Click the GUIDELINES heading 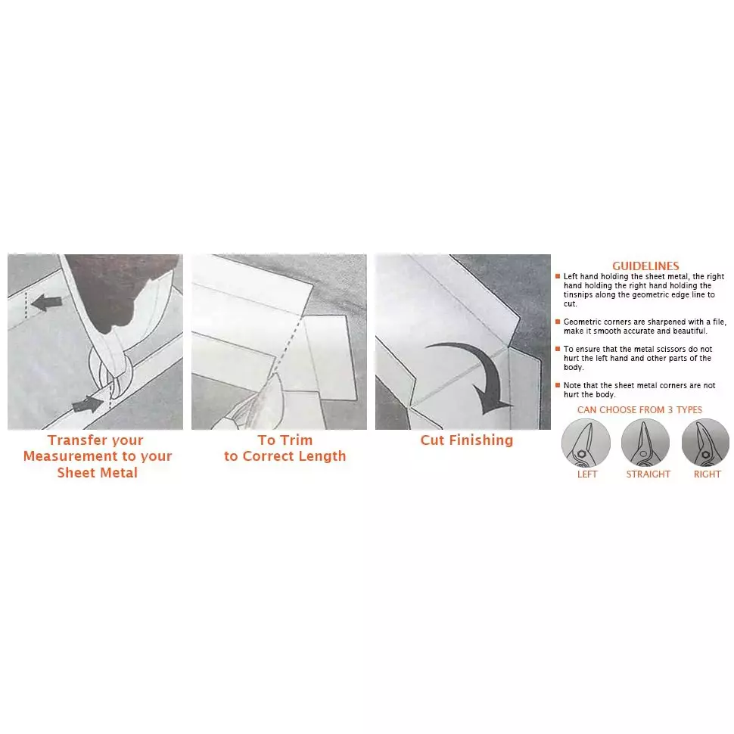click(x=645, y=266)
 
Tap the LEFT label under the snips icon click(x=587, y=474)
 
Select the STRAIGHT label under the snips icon click(x=648, y=474)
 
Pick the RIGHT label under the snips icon click(x=707, y=474)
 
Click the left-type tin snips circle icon click(x=586, y=443)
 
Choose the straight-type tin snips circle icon click(x=645, y=443)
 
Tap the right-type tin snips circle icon click(x=705, y=443)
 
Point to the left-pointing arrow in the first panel click(x=46, y=303)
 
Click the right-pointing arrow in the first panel click(x=88, y=404)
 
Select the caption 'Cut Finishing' click(x=467, y=440)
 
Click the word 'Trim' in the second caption click(x=297, y=440)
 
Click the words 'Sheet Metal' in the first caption click(x=98, y=472)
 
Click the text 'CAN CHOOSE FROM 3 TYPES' click(x=639, y=409)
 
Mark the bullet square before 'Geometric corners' click(x=558, y=322)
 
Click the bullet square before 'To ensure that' click(x=558, y=349)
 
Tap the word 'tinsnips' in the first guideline click(x=578, y=295)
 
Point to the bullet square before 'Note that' click(x=558, y=385)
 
